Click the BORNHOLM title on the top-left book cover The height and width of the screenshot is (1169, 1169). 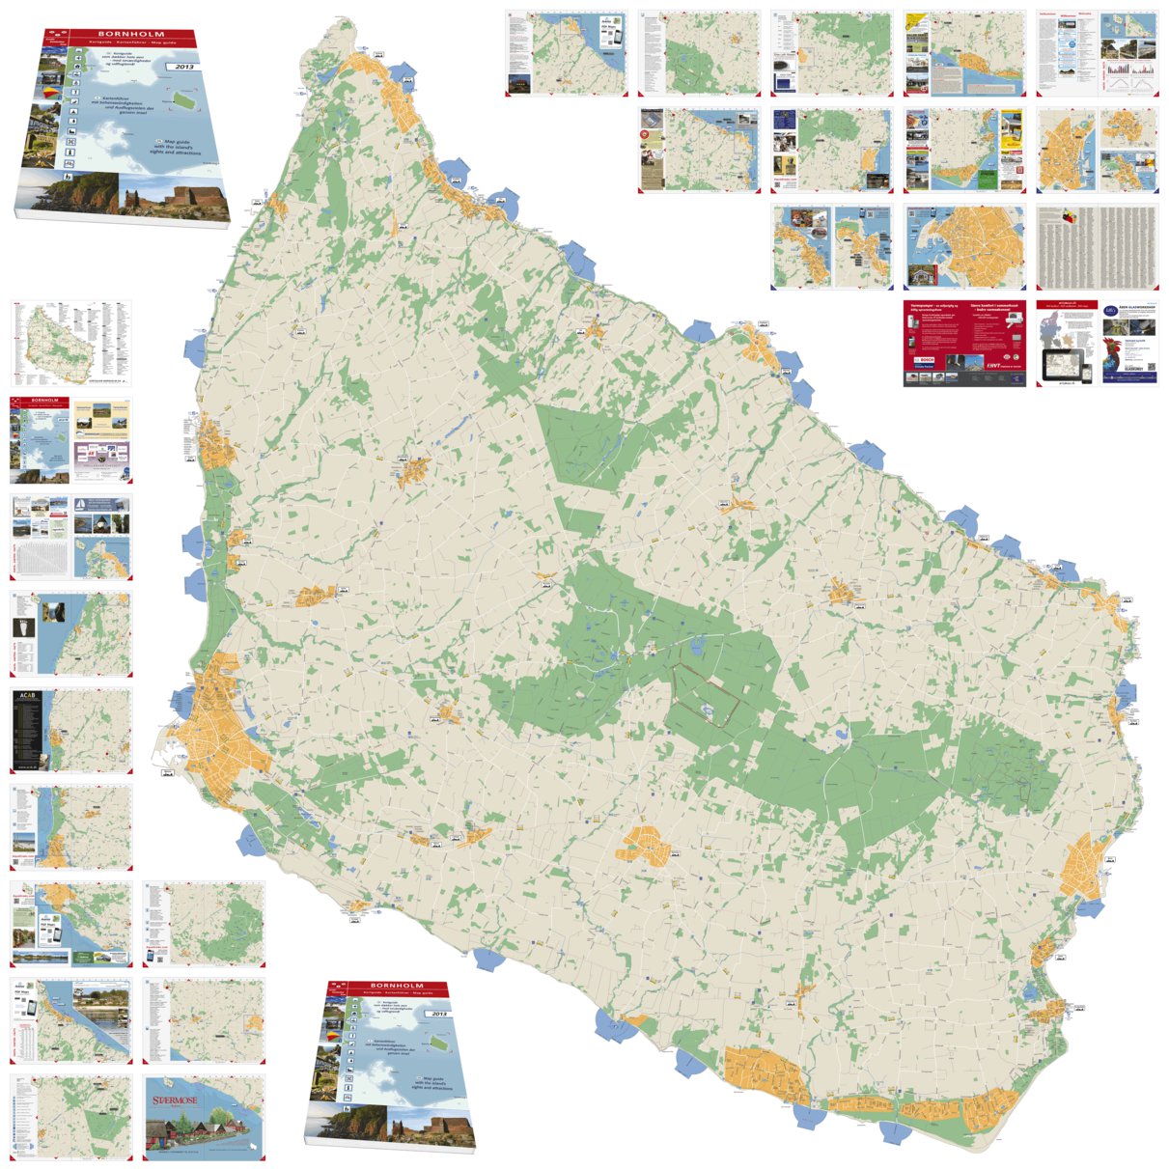(131, 35)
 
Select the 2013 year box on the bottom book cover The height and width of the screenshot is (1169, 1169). (440, 1015)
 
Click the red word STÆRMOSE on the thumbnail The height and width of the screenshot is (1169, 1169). (175, 1100)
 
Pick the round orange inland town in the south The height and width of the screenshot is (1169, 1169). (644, 845)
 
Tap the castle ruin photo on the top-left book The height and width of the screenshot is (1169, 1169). (175, 198)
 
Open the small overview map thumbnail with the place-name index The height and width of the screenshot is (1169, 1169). (70, 342)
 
